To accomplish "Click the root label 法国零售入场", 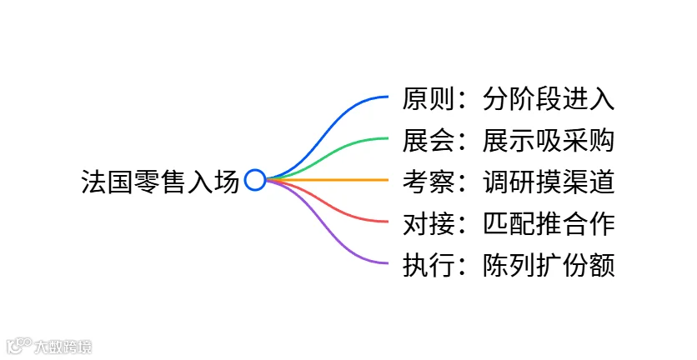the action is (x=160, y=182).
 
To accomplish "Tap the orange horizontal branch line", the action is (x=327, y=180).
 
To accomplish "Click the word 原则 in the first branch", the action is (x=429, y=98).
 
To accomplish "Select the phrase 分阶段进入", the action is (x=549, y=98).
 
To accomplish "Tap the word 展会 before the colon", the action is (x=429, y=140).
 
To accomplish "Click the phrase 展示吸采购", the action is (x=549, y=140).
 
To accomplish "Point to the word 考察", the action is (x=429, y=182).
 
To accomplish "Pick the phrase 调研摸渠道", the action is (x=549, y=182).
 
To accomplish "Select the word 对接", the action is (x=429, y=223).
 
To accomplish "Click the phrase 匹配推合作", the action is (x=549, y=223).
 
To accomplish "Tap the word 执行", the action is (x=429, y=265).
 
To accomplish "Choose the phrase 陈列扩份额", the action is (x=549, y=265).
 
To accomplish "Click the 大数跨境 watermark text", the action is (x=63, y=347).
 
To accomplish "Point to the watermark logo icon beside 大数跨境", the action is (x=18, y=346).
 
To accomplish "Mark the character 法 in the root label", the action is (x=93, y=182).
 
